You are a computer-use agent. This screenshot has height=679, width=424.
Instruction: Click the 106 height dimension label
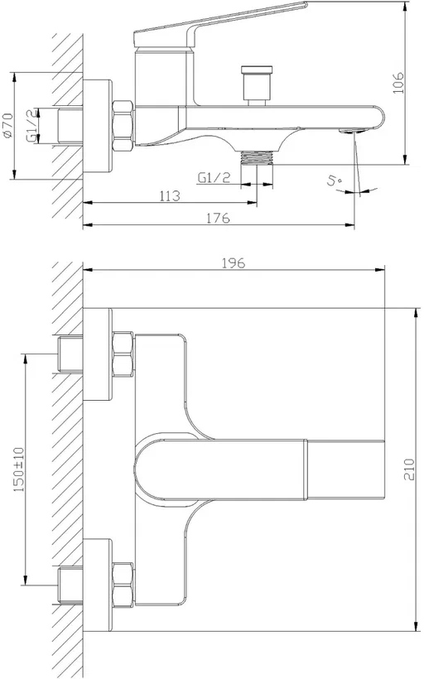point(398,83)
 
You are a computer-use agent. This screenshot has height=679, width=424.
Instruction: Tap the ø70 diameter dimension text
point(8,126)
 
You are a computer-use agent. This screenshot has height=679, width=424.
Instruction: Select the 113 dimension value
point(171,195)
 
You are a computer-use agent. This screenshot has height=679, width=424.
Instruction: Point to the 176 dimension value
point(218,218)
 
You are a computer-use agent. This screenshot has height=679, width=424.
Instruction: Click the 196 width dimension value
point(234,262)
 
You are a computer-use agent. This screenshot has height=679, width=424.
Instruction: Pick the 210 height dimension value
point(409,470)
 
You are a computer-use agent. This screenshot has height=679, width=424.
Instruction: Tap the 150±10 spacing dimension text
point(20,470)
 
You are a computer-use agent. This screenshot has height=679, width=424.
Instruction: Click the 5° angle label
point(335,181)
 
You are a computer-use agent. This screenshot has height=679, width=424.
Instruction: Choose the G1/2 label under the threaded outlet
point(214,177)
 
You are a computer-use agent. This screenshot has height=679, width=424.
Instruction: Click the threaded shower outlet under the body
point(257,157)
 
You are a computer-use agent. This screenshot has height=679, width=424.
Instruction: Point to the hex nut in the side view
point(123,126)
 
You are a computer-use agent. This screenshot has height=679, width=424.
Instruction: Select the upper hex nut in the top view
point(123,354)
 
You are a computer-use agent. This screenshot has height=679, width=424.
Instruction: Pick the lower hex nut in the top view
point(123,585)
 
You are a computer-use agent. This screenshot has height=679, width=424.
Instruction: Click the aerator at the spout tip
point(352,130)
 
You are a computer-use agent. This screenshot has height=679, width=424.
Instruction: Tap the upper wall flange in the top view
point(98,354)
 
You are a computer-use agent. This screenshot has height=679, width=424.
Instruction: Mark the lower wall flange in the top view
point(98,585)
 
